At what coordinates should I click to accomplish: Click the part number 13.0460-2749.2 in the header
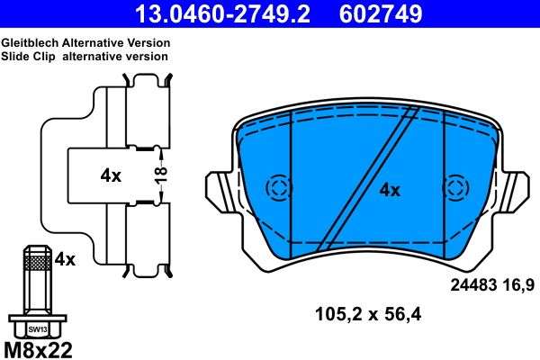coord(223,13)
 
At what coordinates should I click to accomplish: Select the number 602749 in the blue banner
coord(381,13)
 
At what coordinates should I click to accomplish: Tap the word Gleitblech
coord(30,43)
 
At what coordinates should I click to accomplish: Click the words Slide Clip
coord(28,56)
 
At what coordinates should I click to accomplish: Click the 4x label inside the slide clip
coord(111,176)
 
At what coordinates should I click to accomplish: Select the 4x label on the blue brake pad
coord(390,190)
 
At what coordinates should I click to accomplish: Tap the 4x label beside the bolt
coord(65,259)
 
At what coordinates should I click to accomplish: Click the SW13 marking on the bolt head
coord(38,329)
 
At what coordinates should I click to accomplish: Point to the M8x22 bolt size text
coord(40,350)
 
